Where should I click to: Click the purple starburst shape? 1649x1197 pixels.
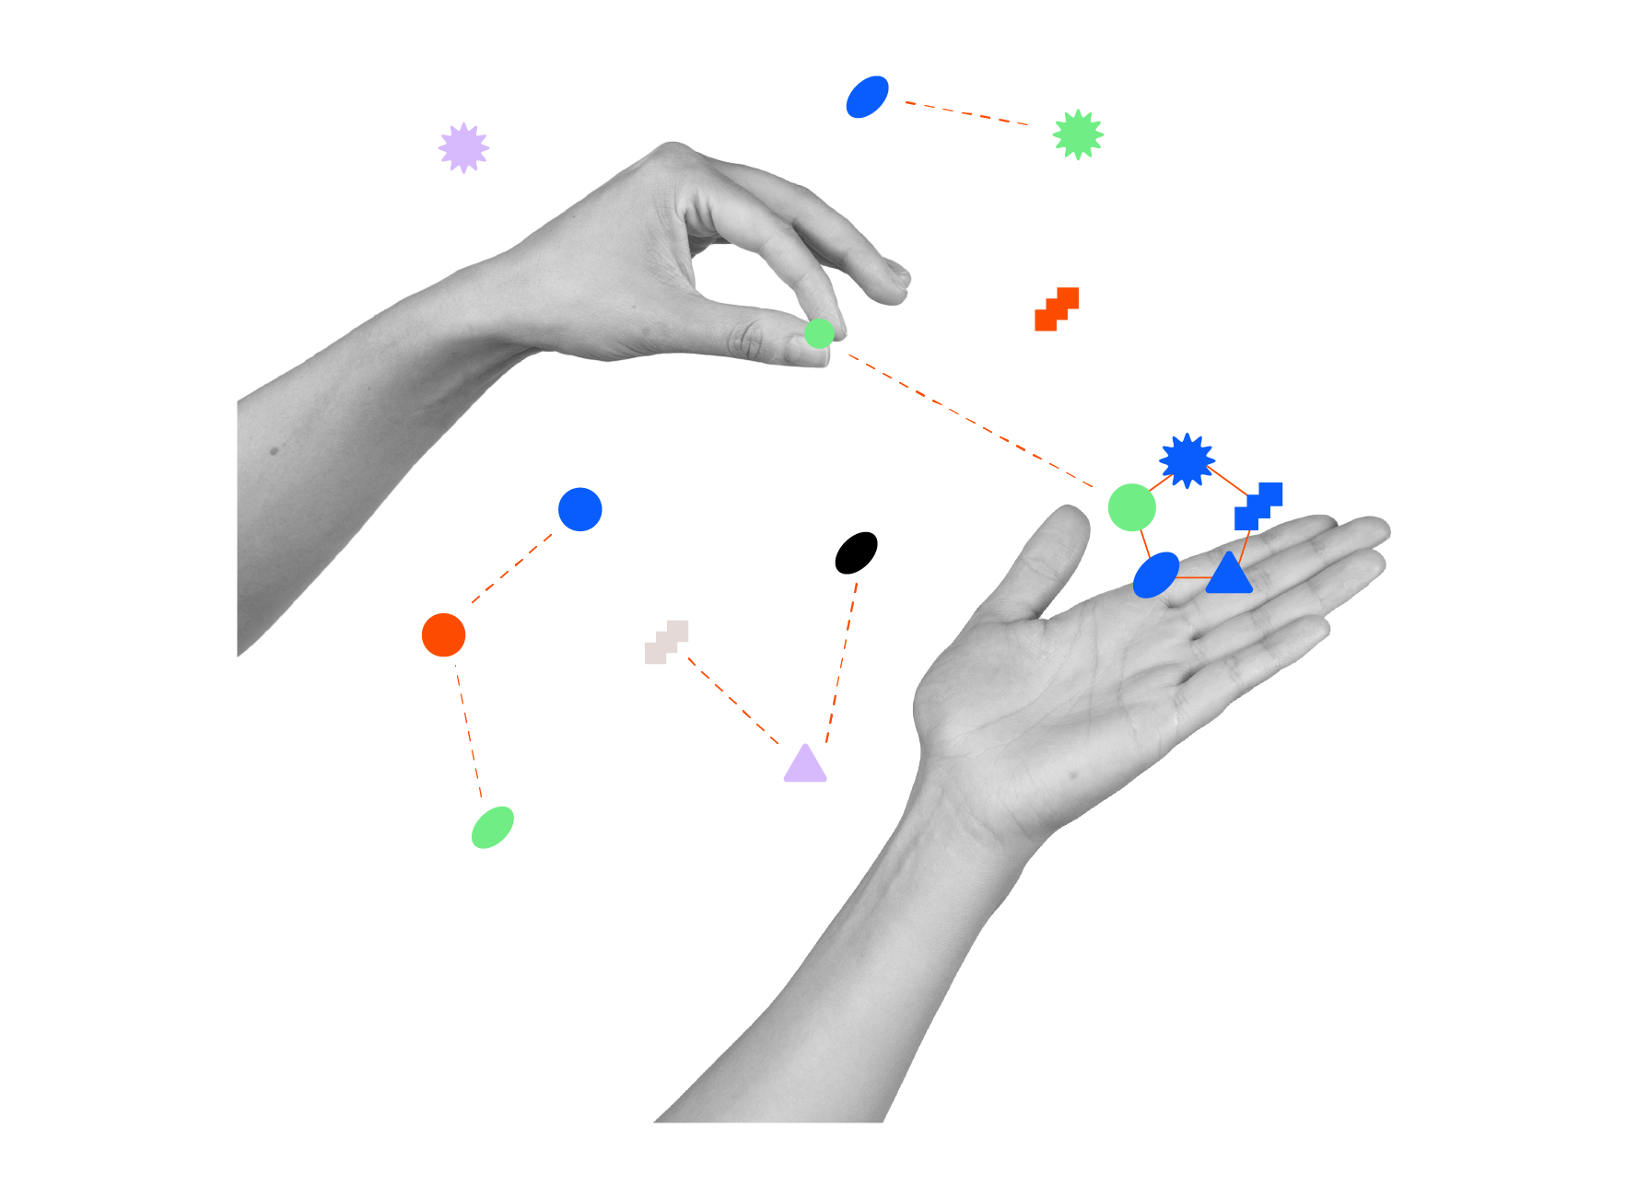(x=463, y=147)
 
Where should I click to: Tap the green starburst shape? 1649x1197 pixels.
(x=1078, y=134)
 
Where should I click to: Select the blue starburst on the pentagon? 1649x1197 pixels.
(x=1187, y=460)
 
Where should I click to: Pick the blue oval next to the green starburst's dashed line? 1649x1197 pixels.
(x=867, y=97)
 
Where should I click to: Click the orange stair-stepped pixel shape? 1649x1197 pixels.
(x=1057, y=309)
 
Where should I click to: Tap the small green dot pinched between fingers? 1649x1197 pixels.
(x=818, y=332)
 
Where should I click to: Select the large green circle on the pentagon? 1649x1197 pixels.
(x=1131, y=507)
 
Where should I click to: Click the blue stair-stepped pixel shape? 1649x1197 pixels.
(x=1257, y=506)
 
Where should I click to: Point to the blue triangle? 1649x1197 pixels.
(x=1229, y=575)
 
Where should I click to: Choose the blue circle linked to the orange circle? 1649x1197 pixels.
(x=580, y=509)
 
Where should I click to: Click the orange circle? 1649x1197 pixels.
(x=443, y=634)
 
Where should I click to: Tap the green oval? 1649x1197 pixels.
(x=493, y=827)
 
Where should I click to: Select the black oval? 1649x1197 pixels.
(x=856, y=552)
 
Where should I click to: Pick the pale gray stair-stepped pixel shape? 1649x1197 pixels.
(x=667, y=642)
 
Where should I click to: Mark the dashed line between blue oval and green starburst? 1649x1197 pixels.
(x=967, y=113)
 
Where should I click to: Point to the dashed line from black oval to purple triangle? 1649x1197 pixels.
(x=841, y=663)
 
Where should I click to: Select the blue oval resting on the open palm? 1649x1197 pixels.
(x=1156, y=575)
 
